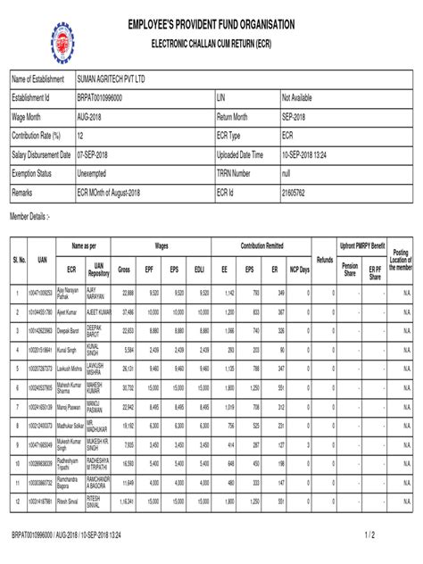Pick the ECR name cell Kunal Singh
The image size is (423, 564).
tap(68, 351)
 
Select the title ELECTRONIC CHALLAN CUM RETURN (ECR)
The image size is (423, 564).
tap(211, 43)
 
